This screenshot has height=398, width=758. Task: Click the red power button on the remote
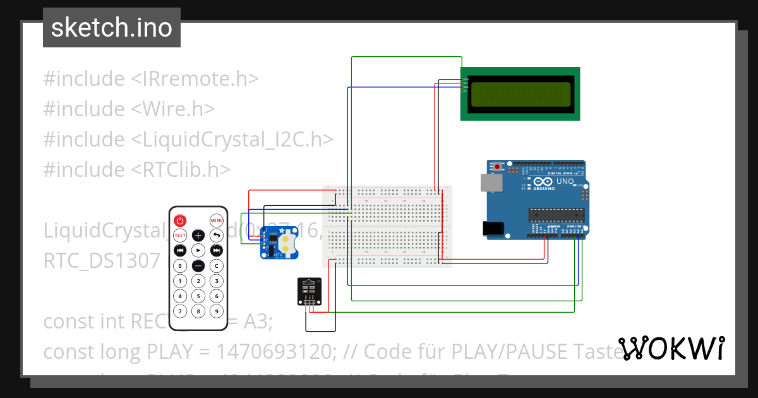pyautogui.click(x=180, y=220)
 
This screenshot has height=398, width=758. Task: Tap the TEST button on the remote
pyautogui.click(x=180, y=236)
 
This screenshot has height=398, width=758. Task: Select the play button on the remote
pyautogui.click(x=198, y=251)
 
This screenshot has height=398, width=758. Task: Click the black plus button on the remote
pyautogui.click(x=198, y=236)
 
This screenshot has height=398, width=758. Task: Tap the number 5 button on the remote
pyautogui.click(x=198, y=296)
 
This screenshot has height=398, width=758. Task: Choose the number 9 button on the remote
pyautogui.click(x=217, y=311)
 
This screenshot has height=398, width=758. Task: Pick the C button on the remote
pyautogui.click(x=217, y=266)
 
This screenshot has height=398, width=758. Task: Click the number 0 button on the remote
pyautogui.click(x=180, y=266)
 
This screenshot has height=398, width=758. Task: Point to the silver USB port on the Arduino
pyautogui.click(x=489, y=183)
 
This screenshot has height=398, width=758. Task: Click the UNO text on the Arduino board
pyautogui.click(x=565, y=181)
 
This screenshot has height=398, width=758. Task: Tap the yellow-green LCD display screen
pyautogui.click(x=519, y=93)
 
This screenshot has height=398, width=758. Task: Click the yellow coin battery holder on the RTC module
pyautogui.click(x=289, y=245)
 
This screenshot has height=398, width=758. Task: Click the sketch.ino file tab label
pyautogui.click(x=112, y=28)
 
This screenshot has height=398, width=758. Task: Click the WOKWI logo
pyautogui.click(x=671, y=348)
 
